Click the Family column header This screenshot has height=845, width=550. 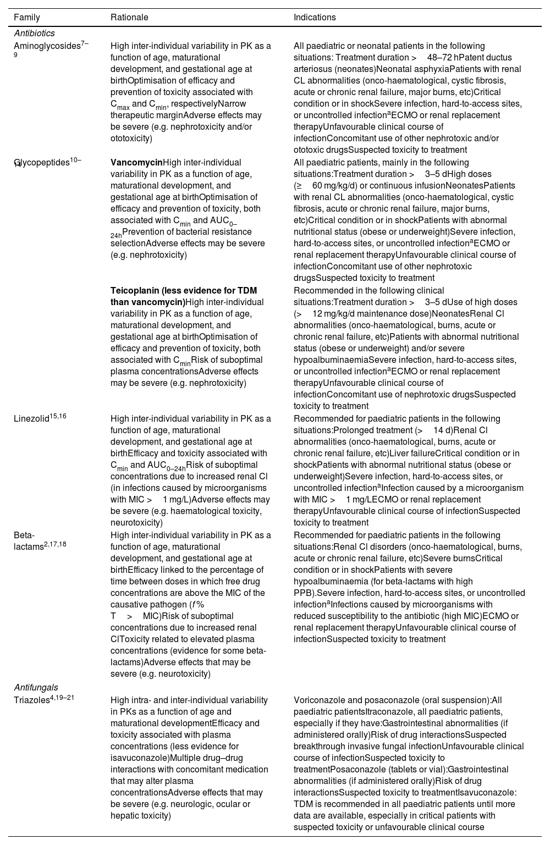tap(27, 18)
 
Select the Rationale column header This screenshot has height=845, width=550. tap(129, 18)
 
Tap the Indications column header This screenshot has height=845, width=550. tap(315, 18)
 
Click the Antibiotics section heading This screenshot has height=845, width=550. tap(34, 34)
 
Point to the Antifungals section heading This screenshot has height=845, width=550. tap(36, 687)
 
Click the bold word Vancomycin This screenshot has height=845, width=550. tap(136, 163)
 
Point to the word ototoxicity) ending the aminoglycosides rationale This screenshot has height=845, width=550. tap(131, 138)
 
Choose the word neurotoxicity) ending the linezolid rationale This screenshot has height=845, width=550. tap(136, 523)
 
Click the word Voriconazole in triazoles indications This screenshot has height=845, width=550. tap(317, 700)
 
